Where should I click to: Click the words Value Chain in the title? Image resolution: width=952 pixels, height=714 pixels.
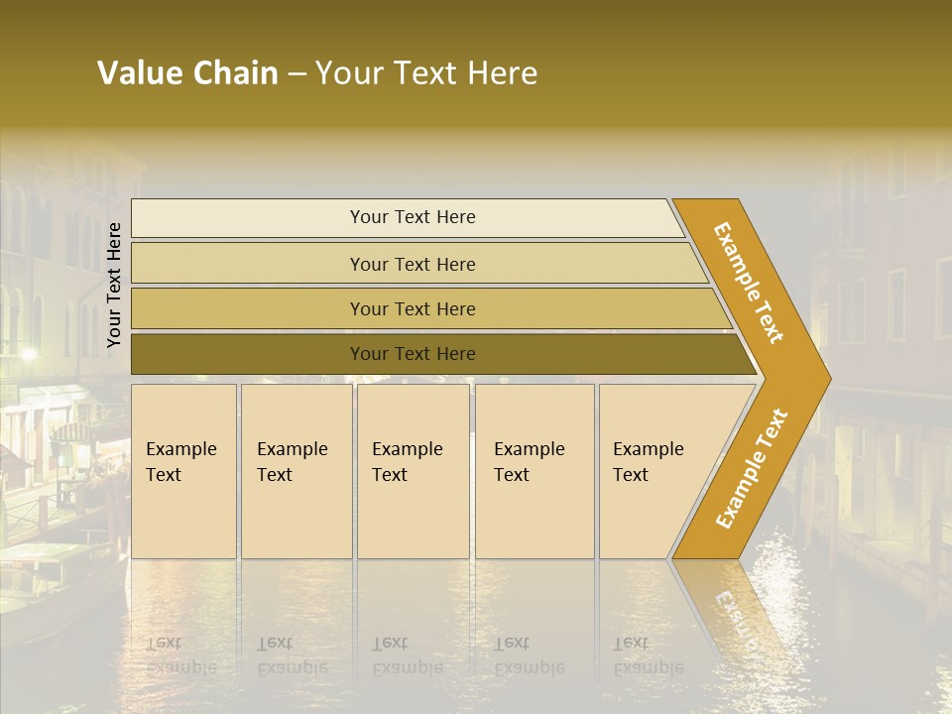point(187,73)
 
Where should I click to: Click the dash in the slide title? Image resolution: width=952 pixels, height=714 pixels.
point(297,74)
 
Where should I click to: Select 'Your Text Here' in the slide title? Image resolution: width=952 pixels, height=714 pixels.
point(426,73)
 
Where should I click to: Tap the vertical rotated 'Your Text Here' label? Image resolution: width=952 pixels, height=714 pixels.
point(114,285)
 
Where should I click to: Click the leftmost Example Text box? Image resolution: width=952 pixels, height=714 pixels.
point(183,471)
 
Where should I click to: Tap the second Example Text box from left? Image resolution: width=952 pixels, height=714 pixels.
point(296,471)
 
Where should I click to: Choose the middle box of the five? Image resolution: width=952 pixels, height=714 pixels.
point(413,471)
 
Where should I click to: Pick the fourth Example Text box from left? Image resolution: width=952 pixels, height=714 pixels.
point(535,471)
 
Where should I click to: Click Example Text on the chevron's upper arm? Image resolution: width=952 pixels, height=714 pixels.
point(749,283)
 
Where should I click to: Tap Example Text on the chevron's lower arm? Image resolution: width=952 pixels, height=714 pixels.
point(752,468)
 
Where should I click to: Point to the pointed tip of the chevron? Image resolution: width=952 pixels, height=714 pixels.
point(825,378)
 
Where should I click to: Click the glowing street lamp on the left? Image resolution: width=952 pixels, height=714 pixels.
point(28,354)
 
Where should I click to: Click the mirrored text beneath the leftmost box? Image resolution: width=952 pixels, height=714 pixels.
point(180,655)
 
